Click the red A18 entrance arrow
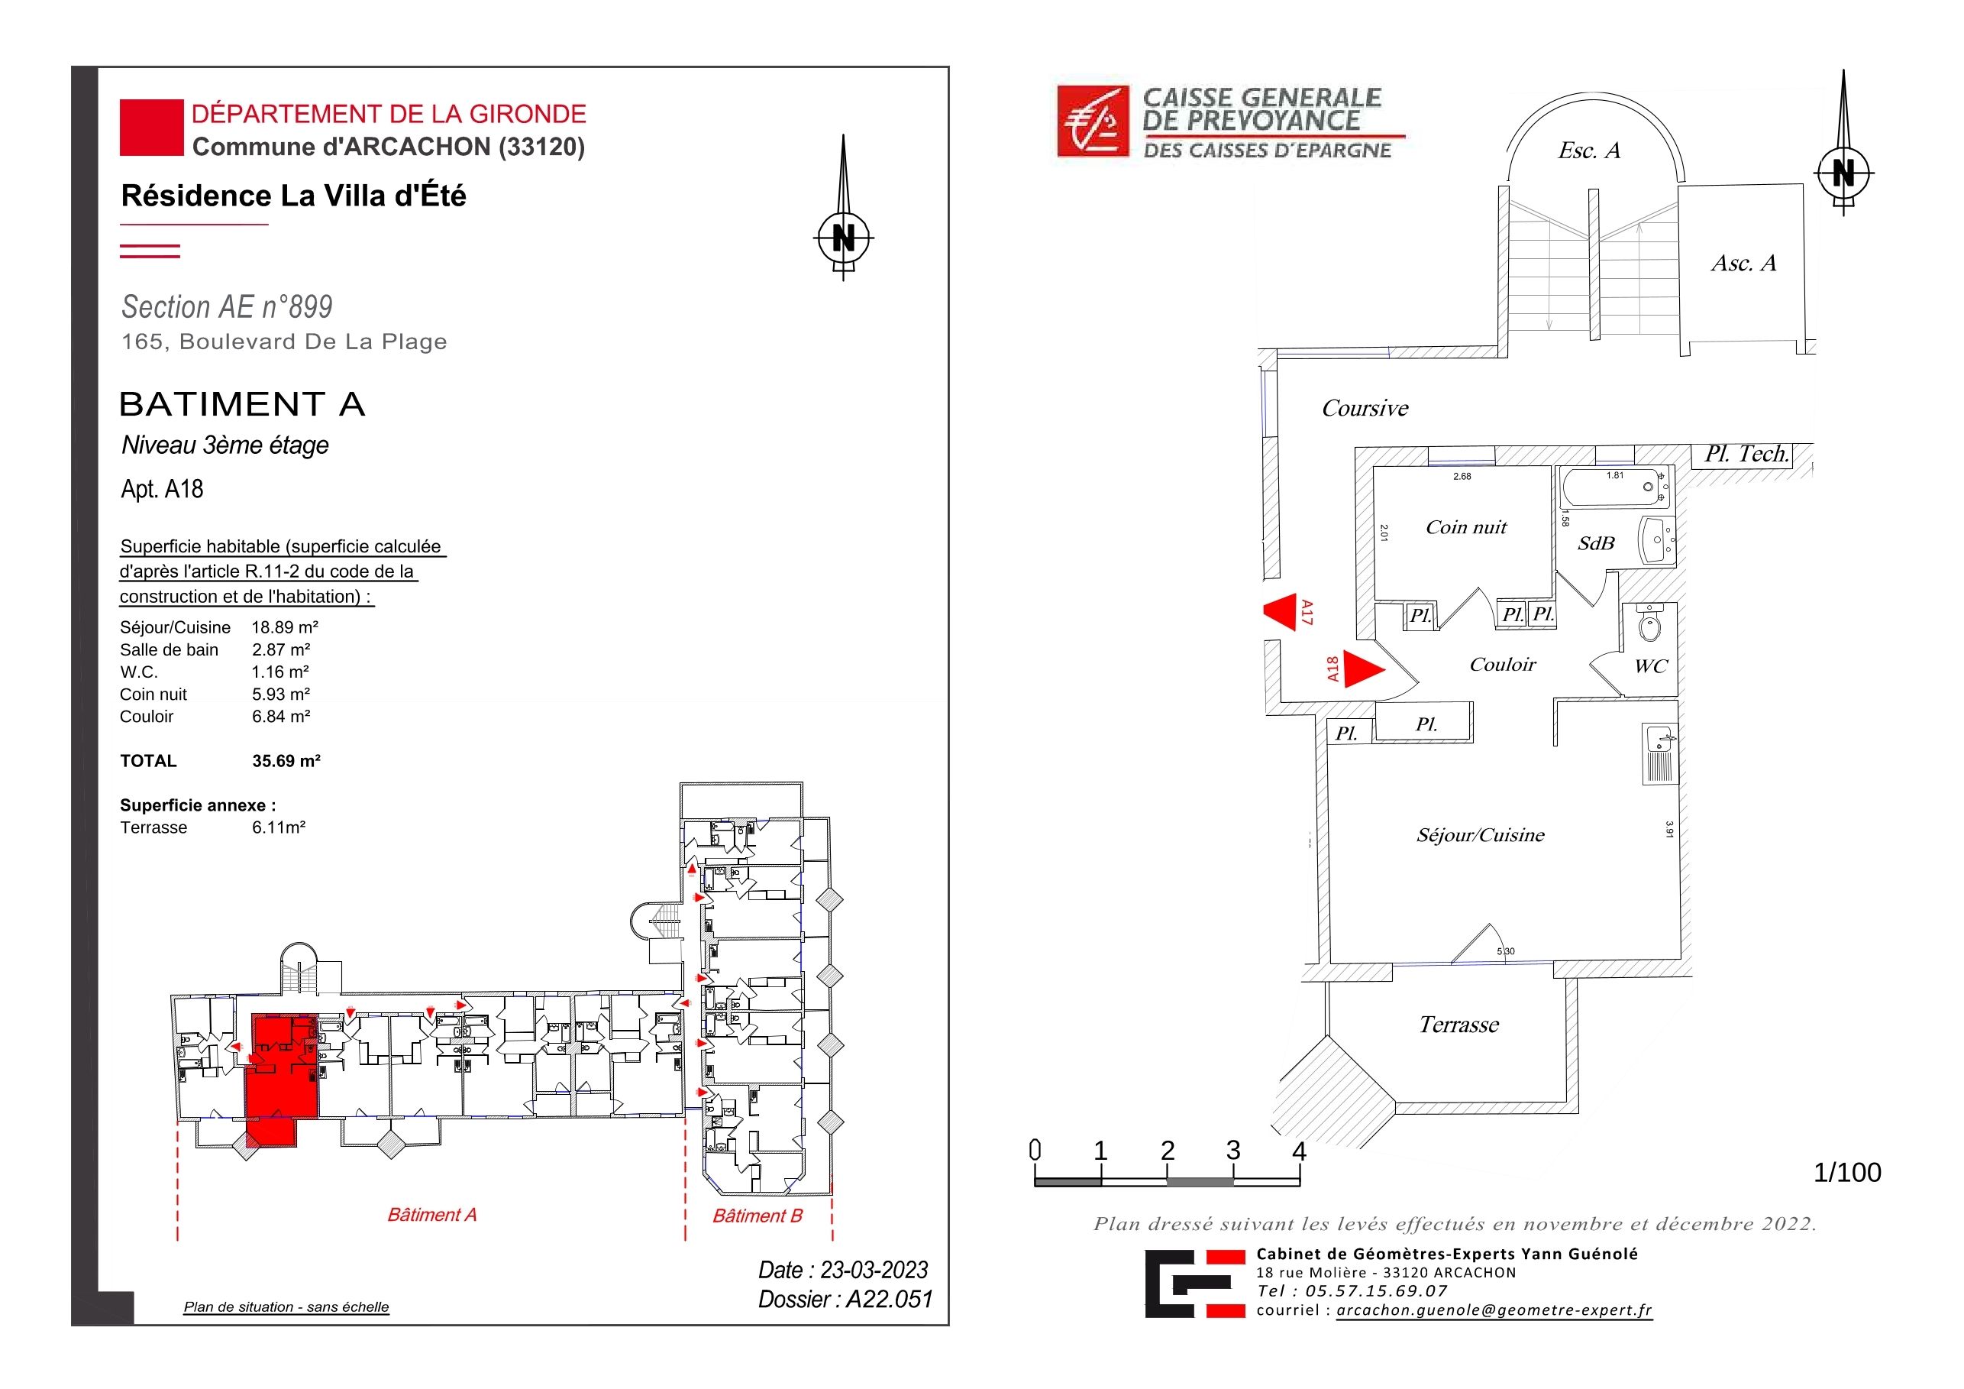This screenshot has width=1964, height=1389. pos(1362,669)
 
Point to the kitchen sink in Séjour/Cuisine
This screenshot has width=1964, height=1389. pos(1659,754)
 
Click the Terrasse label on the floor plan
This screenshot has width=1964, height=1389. pos(1459,1025)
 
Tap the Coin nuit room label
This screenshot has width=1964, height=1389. pos(1466,527)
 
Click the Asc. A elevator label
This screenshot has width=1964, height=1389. pos(1744,263)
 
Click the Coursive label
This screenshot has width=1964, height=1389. pos(1365,408)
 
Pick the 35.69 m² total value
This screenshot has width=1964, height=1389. pos(286,761)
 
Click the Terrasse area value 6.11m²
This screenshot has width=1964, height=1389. pos(279,827)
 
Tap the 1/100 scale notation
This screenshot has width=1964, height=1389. pos(1848,1173)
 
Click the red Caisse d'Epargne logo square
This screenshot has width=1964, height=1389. pos(1094,121)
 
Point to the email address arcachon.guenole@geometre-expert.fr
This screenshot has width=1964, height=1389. pos(1494,1310)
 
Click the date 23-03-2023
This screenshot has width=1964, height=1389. pos(874,1270)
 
